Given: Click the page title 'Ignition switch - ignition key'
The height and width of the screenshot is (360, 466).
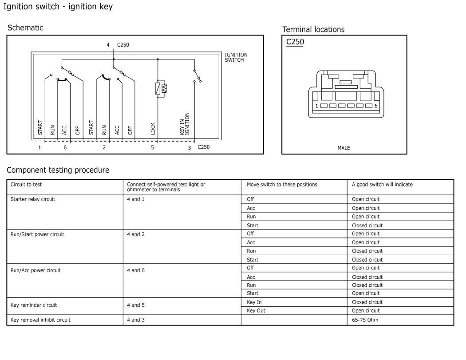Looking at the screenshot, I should click(58, 7).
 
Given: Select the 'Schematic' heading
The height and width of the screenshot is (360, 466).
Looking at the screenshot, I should click(25, 28).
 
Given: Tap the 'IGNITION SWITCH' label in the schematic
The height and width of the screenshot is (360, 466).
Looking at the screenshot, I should click(236, 57).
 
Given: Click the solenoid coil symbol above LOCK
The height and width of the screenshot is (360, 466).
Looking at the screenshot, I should click(160, 89).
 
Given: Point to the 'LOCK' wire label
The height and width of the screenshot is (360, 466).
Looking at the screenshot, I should click(153, 129).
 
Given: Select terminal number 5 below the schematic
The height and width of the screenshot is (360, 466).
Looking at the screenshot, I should click(152, 147).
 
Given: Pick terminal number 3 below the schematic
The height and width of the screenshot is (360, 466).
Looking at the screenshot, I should click(190, 148).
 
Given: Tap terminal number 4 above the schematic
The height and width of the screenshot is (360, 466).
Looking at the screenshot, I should click(108, 45).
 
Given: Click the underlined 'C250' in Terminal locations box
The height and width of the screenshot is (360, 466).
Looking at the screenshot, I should click(295, 42).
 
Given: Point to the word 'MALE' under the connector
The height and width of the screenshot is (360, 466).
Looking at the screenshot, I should click(344, 148).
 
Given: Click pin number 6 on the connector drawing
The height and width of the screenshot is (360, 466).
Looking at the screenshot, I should click(376, 106).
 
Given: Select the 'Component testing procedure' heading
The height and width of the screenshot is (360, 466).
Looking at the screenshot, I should click(58, 170).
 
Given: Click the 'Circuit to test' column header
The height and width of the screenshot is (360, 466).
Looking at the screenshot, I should click(26, 184).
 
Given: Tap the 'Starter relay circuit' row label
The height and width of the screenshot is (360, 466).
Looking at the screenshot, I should click(32, 199).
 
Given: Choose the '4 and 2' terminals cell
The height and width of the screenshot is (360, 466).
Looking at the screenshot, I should click(136, 234).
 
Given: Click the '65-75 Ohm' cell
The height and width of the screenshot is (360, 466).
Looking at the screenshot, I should click(365, 320).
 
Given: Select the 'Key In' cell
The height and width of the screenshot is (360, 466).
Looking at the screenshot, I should click(254, 302).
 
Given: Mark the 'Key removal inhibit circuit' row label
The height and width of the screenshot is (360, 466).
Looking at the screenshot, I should click(40, 320).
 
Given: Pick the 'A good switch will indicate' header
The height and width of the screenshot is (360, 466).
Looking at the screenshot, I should click(382, 184).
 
